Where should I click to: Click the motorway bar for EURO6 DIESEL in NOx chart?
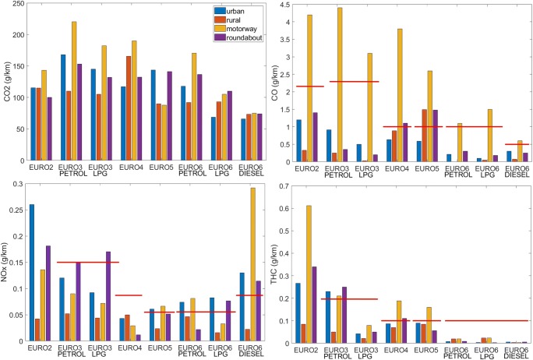pyautogui.click(x=230, y=265)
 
